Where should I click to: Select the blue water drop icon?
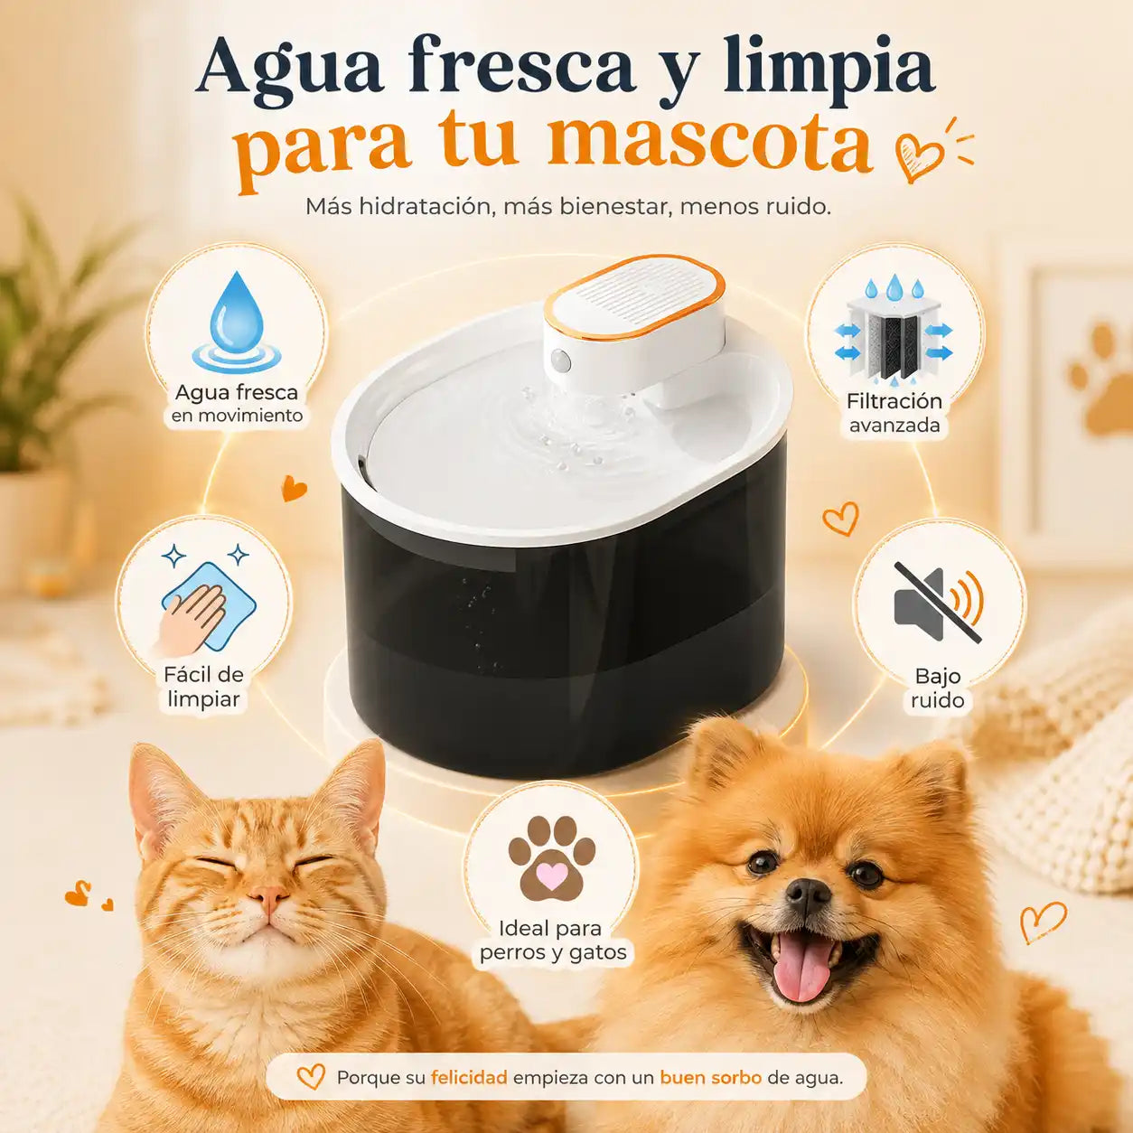[x=237, y=323]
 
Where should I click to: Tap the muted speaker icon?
[x=939, y=604]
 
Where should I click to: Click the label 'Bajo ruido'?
[x=938, y=688]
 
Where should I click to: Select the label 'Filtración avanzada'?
[x=894, y=413]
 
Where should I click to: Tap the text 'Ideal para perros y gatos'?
[x=553, y=941]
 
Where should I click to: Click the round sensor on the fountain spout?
[x=561, y=360]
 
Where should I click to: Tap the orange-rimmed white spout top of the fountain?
[x=634, y=300]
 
